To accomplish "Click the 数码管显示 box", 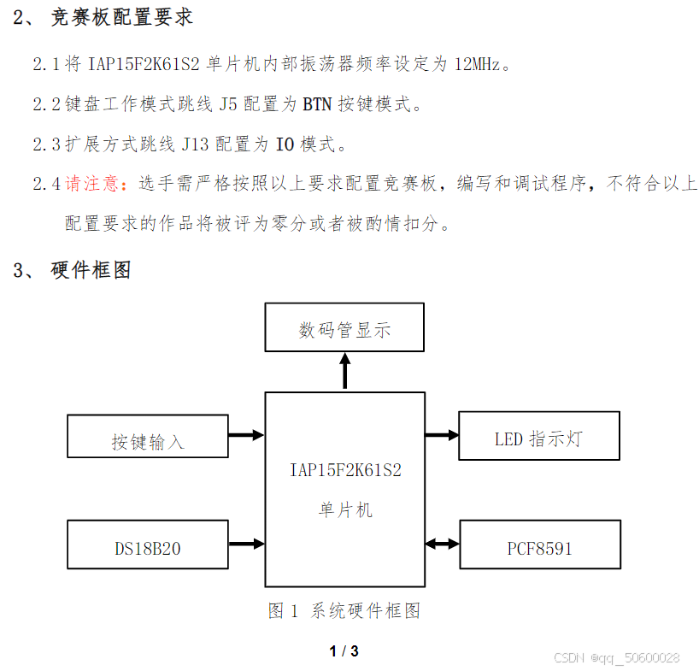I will [344, 327].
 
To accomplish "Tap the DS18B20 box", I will [148, 544].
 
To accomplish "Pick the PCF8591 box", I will [539, 544].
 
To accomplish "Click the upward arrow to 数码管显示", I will [344, 371].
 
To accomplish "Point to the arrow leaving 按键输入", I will [246, 435].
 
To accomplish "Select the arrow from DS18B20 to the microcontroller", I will [246, 543].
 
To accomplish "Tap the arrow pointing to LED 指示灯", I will [442, 435].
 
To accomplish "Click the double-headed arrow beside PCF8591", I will [442, 543].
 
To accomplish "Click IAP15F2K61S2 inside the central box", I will [345, 469].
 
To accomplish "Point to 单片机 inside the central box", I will [345, 509].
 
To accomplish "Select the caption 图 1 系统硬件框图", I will [344, 610].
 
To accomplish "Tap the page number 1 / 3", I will [344, 651].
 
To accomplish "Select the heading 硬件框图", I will [91, 270].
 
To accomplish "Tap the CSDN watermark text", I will [616, 657].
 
